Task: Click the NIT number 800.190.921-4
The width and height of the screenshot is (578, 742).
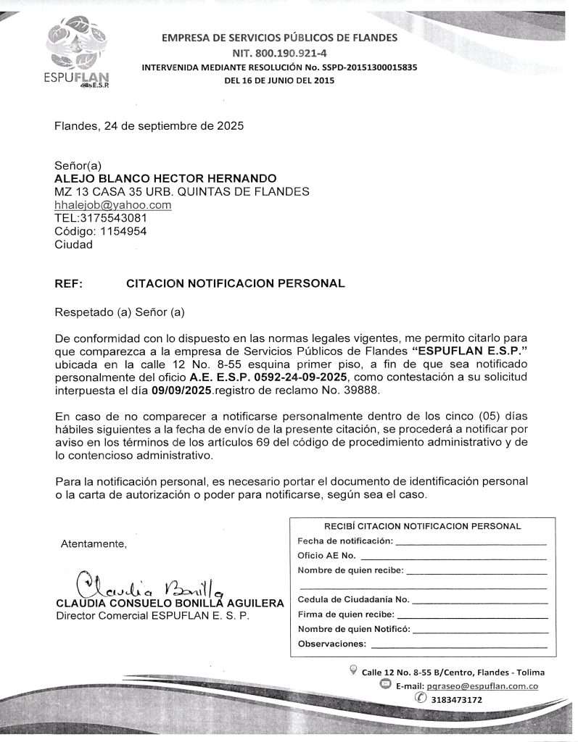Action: [x=279, y=52]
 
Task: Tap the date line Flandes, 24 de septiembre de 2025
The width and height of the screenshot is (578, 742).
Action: [x=149, y=125]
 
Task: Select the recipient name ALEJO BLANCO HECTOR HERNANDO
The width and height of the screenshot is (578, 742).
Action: [x=165, y=178]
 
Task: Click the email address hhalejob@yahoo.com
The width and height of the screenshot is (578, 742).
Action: [x=113, y=205]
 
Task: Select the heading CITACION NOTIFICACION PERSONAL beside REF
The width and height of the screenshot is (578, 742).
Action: [x=235, y=283]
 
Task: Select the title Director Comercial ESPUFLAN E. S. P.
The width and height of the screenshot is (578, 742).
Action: [x=152, y=616]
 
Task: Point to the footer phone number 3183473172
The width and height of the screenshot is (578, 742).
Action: [x=456, y=700]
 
